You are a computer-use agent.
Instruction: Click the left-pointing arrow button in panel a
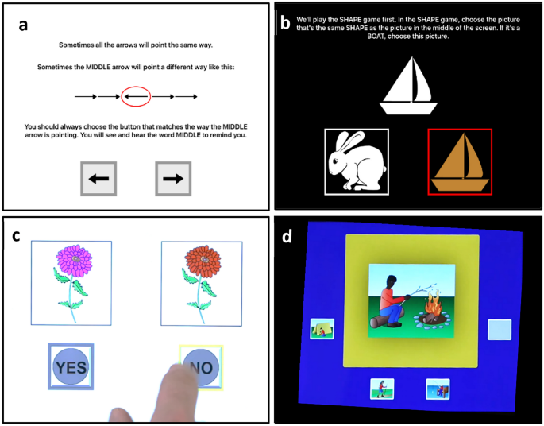click(x=99, y=179)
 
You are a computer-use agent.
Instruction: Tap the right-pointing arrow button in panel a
click(x=172, y=179)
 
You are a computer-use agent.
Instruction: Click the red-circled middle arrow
click(x=136, y=96)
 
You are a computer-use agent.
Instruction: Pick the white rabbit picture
click(x=356, y=161)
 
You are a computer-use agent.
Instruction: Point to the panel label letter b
click(x=285, y=23)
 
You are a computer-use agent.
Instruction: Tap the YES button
click(x=70, y=366)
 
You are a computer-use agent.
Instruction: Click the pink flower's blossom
click(x=73, y=260)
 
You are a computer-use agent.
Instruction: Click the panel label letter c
click(x=16, y=236)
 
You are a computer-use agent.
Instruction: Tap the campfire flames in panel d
click(x=434, y=304)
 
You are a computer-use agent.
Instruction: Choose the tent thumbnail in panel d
click(x=322, y=329)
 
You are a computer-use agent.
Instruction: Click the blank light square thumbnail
click(x=499, y=331)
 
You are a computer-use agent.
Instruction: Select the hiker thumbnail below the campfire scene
click(x=383, y=389)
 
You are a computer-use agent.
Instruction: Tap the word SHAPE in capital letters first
click(x=346, y=18)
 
